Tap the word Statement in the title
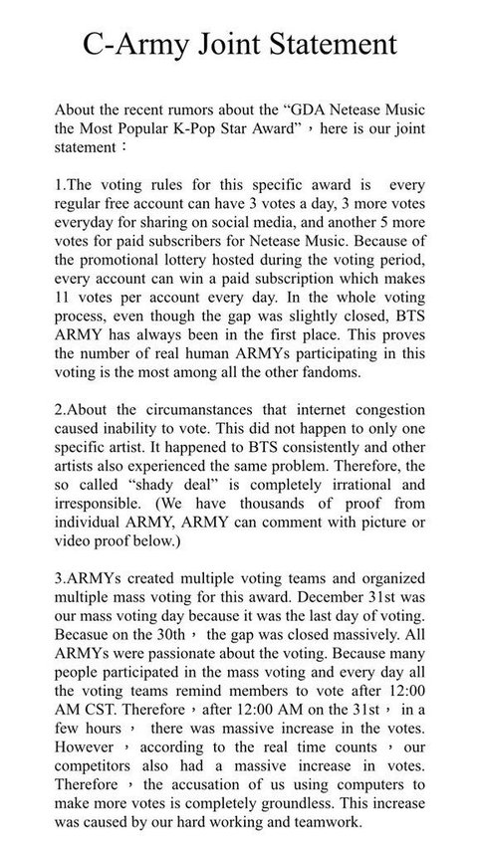click(x=334, y=45)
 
